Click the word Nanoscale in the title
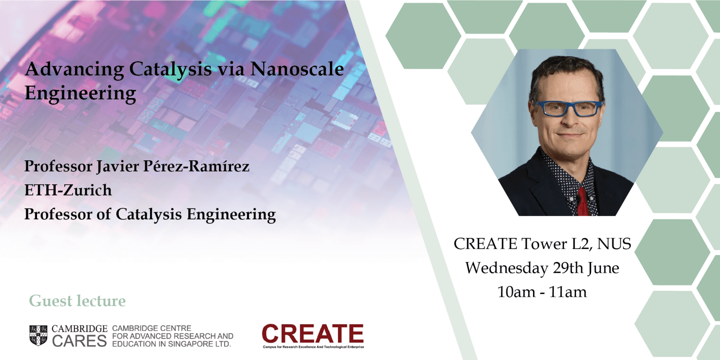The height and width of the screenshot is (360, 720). pos(297,69)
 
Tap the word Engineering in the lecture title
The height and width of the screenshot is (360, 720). pos(80,94)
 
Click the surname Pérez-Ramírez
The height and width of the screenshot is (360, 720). pos(196,166)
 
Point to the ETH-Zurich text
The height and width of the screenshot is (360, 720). pos(68,190)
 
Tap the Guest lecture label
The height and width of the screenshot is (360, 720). pos(77,301)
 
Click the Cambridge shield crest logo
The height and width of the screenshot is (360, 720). pos(38,335)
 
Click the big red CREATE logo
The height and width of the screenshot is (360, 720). pos(313,333)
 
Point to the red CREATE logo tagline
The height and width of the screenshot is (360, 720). pos(314,347)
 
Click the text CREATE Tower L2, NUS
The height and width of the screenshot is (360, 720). pos(542,244)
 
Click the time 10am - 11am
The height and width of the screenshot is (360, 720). pos(542,292)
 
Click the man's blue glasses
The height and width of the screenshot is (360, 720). pos(567,108)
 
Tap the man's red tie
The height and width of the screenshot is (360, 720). pos(583,202)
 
